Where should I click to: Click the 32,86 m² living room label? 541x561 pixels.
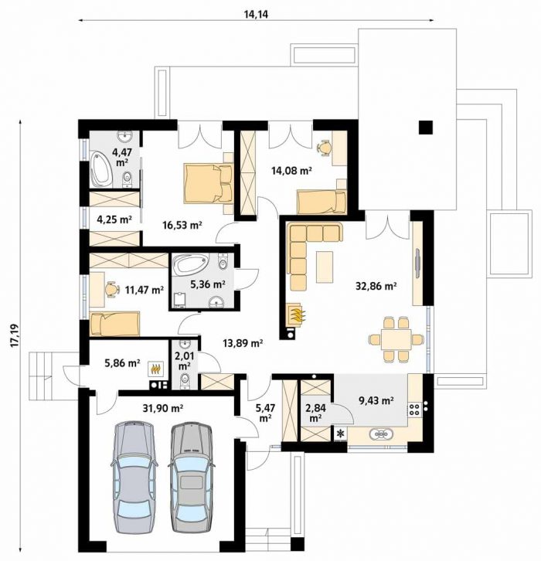[x=376, y=286]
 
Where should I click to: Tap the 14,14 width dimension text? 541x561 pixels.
[x=256, y=14]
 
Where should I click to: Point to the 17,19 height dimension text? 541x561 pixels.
[x=15, y=335]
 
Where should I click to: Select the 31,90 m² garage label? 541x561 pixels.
[x=163, y=408]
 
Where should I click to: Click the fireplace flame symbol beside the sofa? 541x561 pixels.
[x=297, y=315]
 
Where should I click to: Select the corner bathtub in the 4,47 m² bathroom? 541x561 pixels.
[x=100, y=169]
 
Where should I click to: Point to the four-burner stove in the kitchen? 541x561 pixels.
[x=414, y=410]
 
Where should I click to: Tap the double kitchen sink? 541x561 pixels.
[x=382, y=434]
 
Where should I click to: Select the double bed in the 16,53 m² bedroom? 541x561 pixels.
[x=208, y=184]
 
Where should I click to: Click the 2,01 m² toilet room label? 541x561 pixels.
[x=184, y=361]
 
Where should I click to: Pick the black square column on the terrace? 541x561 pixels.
[x=426, y=127]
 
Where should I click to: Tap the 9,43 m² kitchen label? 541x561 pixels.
[x=376, y=401]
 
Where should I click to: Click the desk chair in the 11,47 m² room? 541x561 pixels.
[x=112, y=289]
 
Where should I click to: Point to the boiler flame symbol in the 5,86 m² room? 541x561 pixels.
[x=155, y=369]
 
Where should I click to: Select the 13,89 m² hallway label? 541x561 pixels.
[x=243, y=343]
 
